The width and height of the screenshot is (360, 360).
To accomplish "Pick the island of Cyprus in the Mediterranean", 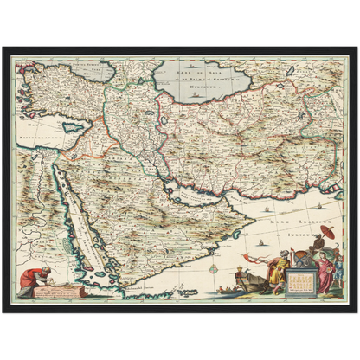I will (x=74, y=126).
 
